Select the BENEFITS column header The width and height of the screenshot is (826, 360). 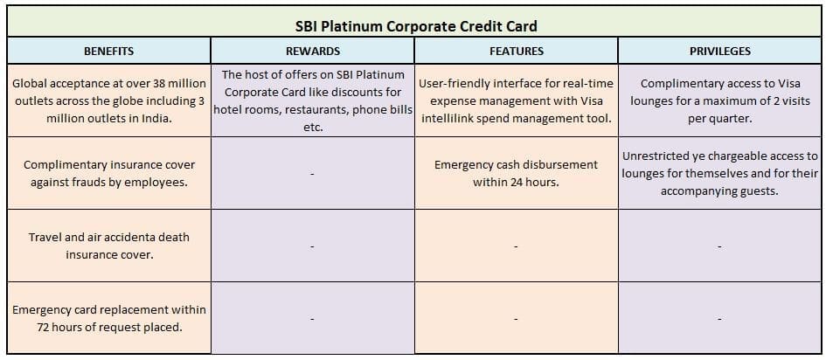click(x=108, y=52)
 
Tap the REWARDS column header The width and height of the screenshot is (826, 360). click(x=312, y=52)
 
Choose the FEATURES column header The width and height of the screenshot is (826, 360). click(x=516, y=52)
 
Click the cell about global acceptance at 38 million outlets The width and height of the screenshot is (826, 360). click(x=108, y=100)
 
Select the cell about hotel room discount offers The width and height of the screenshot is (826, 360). click(x=312, y=100)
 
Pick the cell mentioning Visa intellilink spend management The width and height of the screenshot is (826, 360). click(x=516, y=100)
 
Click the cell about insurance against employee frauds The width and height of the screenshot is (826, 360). click(x=108, y=173)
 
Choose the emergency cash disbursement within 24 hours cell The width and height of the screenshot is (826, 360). click(x=516, y=173)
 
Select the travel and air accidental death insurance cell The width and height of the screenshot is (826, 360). click(x=108, y=246)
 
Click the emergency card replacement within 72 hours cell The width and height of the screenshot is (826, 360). click(x=108, y=318)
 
